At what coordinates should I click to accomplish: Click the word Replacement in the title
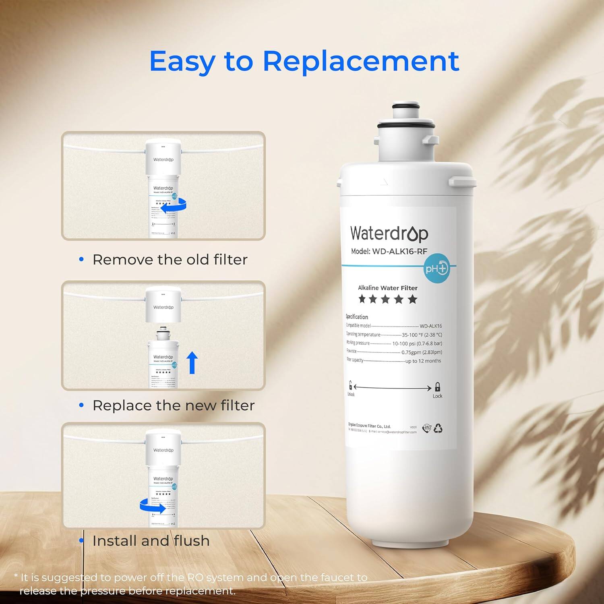[x=361, y=61]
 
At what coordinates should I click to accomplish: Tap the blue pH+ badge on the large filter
[x=436, y=268]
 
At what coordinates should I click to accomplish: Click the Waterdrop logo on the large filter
[x=389, y=234]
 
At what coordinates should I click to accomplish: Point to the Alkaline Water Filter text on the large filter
[x=387, y=288]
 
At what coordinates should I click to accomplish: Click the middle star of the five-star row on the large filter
[x=385, y=299]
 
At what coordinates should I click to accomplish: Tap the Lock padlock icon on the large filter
[x=437, y=387]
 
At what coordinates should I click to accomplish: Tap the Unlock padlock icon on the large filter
[x=350, y=385]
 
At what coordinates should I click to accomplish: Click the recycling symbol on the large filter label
[x=438, y=428]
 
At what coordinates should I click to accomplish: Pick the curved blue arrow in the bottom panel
[x=153, y=506]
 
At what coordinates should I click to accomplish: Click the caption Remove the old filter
[x=170, y=260]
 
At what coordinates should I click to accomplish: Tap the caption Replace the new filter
[x=174, y=405]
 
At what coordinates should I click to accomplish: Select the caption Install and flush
[x=151, y=541]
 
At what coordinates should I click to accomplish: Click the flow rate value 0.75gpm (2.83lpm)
[x=422, y=352]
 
